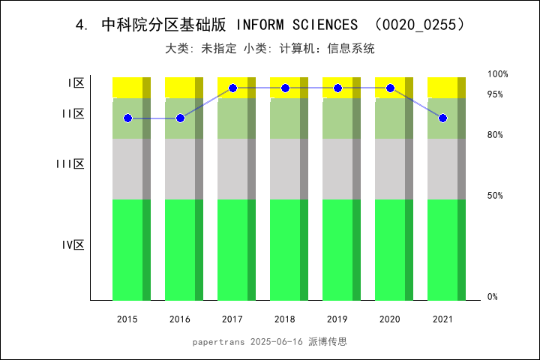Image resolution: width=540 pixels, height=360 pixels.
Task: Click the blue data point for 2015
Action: pos(127,118)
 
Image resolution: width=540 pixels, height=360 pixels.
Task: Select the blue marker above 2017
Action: pos(232,88)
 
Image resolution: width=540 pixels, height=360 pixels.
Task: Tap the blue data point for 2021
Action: pos(442,118)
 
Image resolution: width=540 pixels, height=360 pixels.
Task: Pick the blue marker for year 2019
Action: pos(337,88)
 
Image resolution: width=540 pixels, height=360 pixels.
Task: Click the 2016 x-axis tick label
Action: pos(180,319)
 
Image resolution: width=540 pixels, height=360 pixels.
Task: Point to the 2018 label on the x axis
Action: pos(285,319)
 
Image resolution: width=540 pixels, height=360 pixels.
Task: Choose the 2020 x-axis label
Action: pos(390,319)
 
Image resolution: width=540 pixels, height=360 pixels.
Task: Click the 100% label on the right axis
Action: pos(497,74)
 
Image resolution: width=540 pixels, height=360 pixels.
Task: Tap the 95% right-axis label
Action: pos(495,94)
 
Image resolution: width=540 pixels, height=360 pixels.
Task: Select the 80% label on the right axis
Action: pos(495,135)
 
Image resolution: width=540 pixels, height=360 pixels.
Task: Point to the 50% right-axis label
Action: pos(495,196)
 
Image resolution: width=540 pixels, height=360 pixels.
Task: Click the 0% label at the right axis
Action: pos(493,297)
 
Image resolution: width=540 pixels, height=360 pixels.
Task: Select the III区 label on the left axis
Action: pos(70,164)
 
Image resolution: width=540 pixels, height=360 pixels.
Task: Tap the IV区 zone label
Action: pos(73,245)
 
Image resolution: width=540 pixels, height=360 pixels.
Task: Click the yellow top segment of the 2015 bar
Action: pos(127,87)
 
